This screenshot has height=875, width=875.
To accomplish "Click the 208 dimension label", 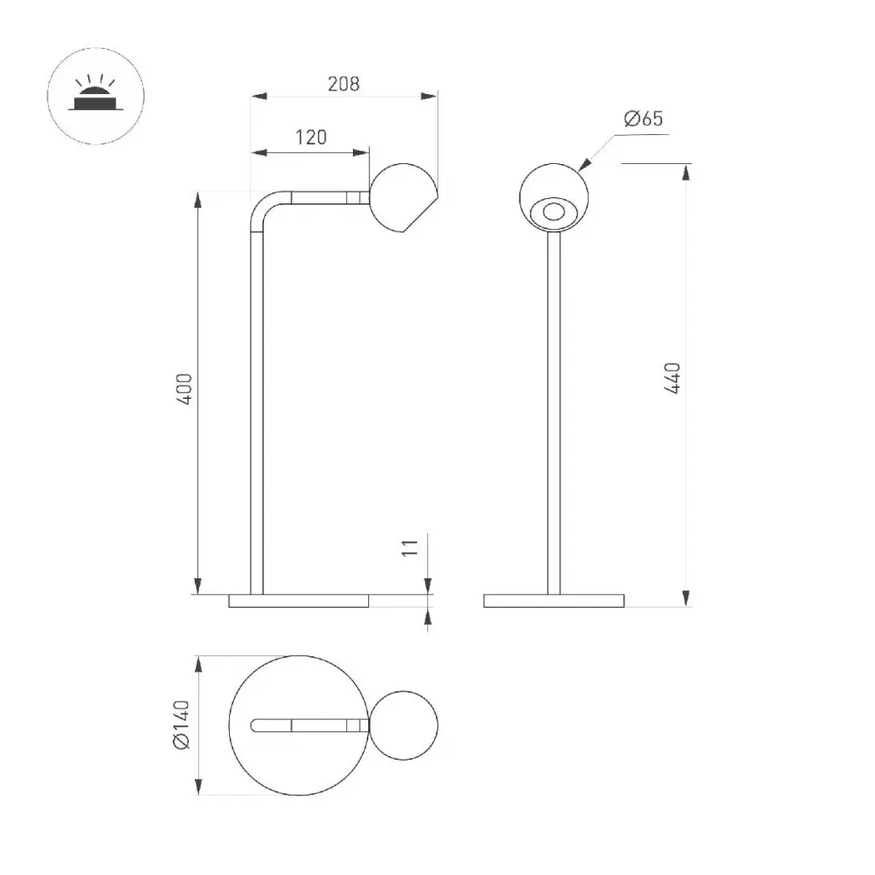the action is [344, 84].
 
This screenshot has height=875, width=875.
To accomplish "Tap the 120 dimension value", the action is [311, 138].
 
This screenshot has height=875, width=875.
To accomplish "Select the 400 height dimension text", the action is [185, 389].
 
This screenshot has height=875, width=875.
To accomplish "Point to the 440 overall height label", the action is [673, 379].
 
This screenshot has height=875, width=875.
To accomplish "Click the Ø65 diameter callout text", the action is [643, 118].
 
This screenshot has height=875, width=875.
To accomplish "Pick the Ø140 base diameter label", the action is [182, 725].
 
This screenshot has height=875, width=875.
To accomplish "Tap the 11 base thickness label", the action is [410, 547].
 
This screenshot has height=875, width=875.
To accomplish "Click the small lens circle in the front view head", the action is [554, 212].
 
